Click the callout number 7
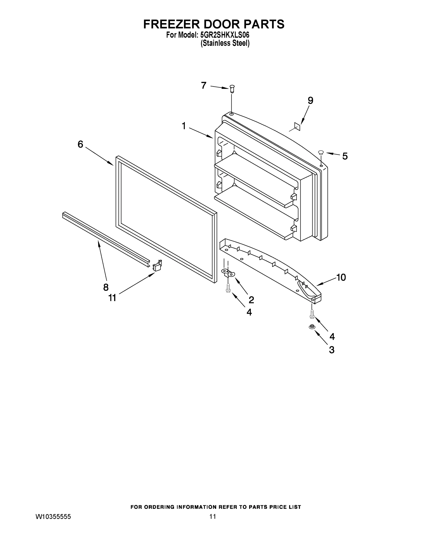(x=204, y=86)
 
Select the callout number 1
(x=184, y=126)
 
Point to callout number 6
(x=80, y=144)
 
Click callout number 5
(x=345, y=156)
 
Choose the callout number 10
(x=341, y=277)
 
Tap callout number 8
(x=106, y=287)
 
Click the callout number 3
(x=332, y=350)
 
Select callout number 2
(x=251, y=300)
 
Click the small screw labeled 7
(x=232, y=89)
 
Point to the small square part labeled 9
(x=297, y=126)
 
